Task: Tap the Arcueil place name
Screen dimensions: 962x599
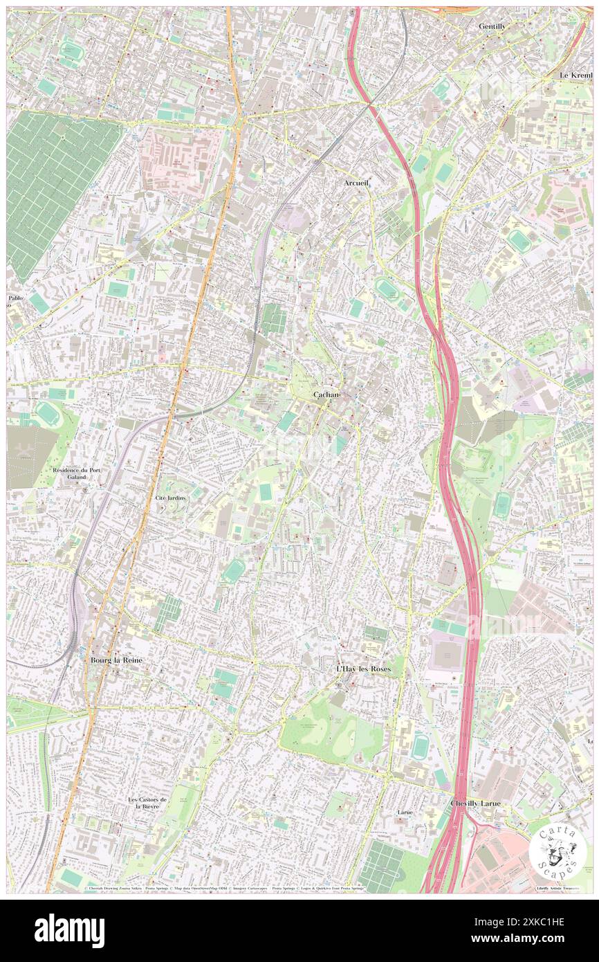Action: pos(357,183)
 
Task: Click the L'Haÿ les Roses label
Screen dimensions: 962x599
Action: pos(363,669)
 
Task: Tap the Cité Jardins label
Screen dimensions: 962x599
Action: pos(170,498)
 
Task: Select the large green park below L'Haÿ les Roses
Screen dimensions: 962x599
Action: pos(332,730)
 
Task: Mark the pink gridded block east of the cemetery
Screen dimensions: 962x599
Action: pos(181,160)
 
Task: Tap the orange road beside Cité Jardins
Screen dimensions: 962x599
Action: pos(147,505)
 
